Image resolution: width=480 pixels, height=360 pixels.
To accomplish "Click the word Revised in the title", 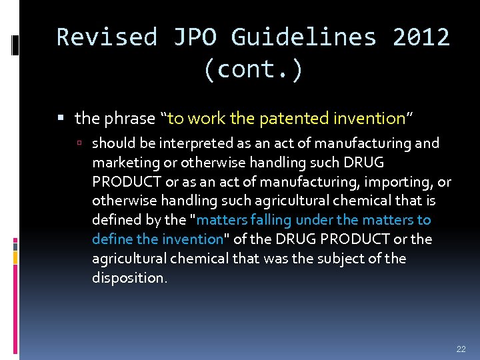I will pos(107,37).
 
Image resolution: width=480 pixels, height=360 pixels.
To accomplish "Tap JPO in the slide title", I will pos(195,37).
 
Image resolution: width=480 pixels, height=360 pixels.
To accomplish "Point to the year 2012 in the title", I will pos(421,37).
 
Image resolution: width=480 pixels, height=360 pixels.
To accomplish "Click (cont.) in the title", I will pos(253,69).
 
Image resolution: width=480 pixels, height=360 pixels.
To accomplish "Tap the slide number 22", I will pos(461,349).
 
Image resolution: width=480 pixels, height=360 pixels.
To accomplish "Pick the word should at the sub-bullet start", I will pos(111,143).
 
